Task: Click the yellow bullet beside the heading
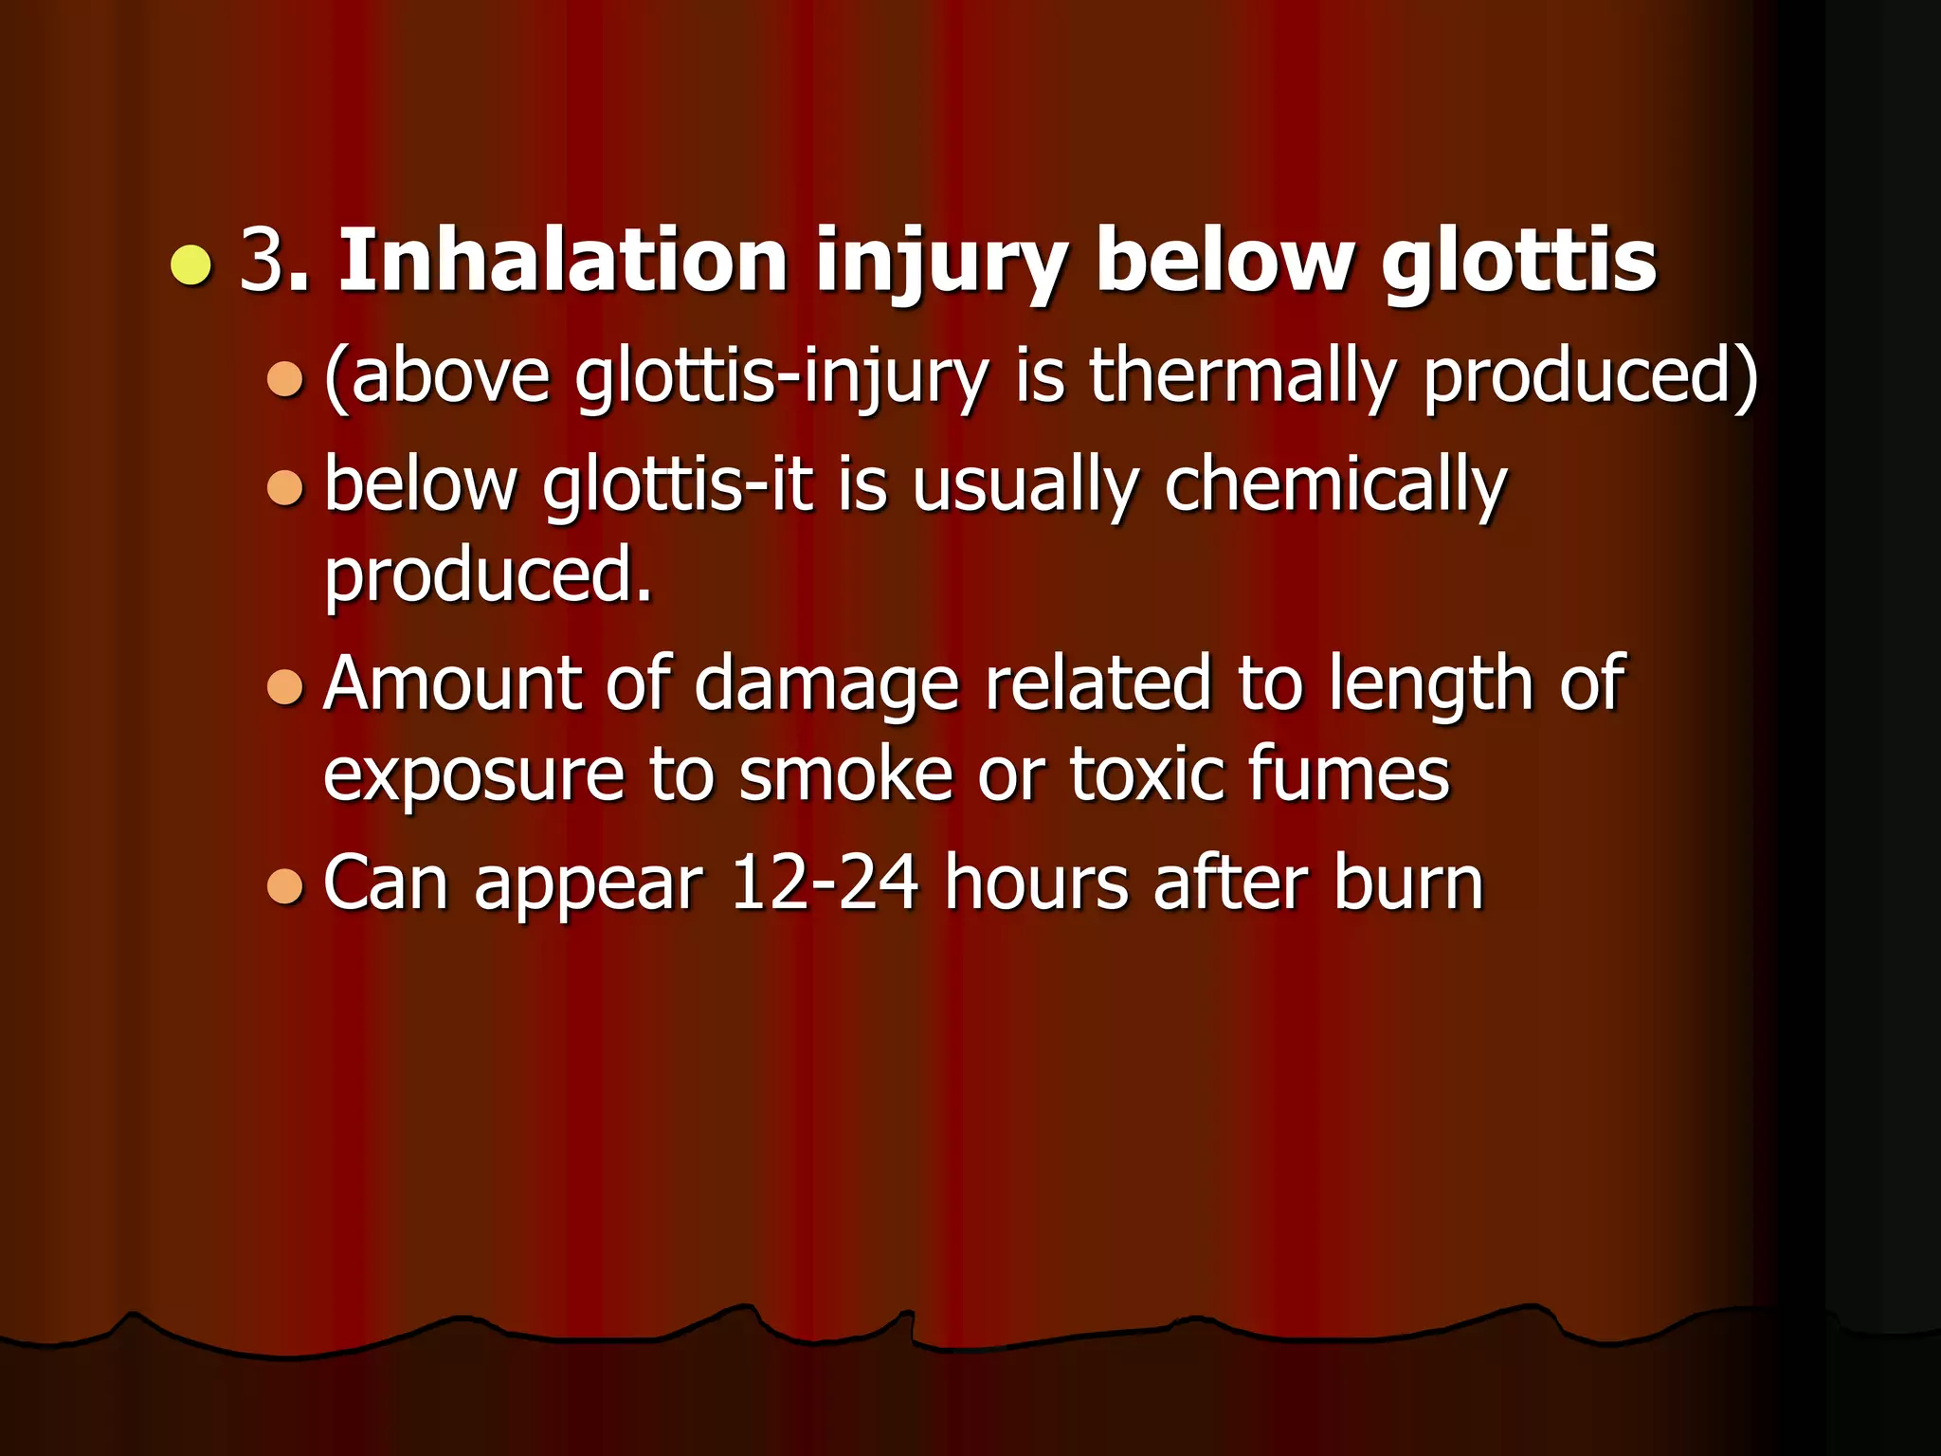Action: [x=191, y=264]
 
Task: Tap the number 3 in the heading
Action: [x=262, y=261]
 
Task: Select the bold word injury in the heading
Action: [x=941, y=265]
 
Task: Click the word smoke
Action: [x=845, y=773]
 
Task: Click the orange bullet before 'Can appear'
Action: [x=284, y=887]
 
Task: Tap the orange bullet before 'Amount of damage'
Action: [x=284, y=688]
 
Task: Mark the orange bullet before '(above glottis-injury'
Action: [x=284, y=379]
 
